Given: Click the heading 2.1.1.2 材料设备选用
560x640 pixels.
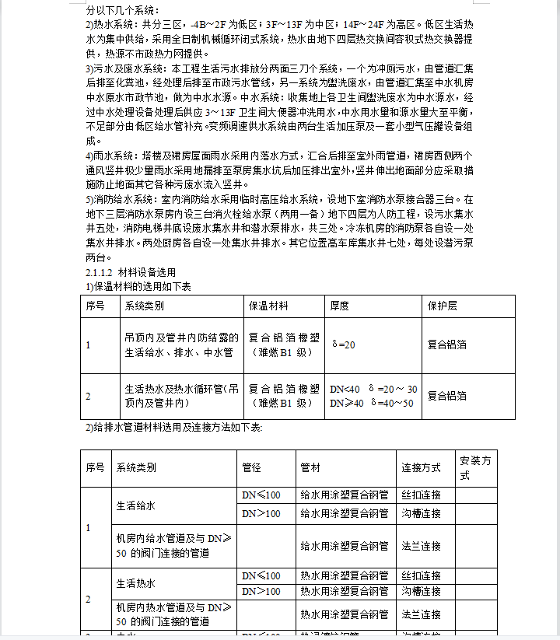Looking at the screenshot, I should [x=131, y=272].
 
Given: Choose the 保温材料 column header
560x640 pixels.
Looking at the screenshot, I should [x=268, y=306].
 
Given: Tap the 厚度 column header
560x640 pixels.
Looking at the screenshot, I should [x=340, y=306].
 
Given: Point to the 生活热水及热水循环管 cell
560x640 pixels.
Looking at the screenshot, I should [x=181, y=395].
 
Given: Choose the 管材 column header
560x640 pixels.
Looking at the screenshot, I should [x=310, y=468].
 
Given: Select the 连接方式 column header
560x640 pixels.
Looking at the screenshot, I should [x=421, y=468].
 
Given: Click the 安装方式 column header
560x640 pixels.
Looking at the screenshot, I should [x=475, y=467].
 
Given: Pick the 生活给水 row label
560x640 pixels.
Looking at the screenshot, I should [x=136, y=505].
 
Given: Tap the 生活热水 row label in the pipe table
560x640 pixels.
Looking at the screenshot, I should [x=136, y=583].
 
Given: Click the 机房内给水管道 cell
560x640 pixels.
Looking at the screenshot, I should [x=168, y=545].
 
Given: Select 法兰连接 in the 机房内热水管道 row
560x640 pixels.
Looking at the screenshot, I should [x=421, y=614].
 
